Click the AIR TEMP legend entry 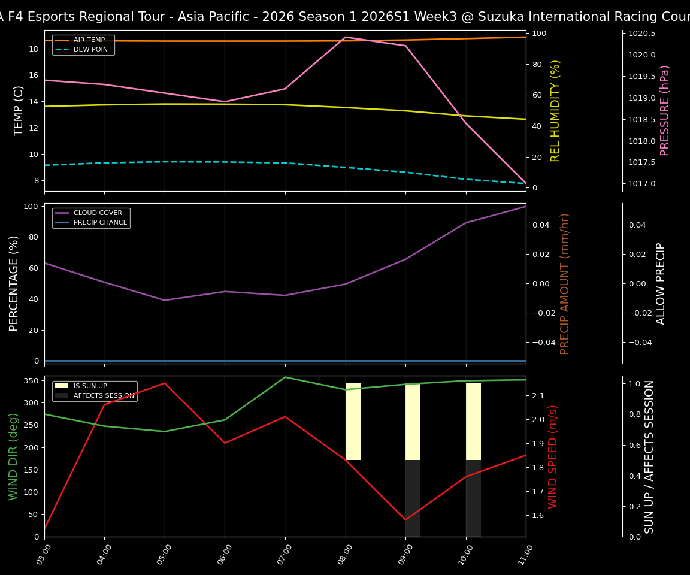[89, 40]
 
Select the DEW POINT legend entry [92, 50]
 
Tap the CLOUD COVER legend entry [98, 213]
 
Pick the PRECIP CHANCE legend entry [100, 223]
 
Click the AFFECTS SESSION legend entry [104, 396]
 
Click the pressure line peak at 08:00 [346, 37]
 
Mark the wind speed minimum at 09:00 [405, 520]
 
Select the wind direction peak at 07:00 [285, 377]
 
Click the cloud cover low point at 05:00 [165, 300]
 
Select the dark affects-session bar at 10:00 [473, 498]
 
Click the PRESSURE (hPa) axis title [665, 110]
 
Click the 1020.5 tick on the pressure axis [641, 34]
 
